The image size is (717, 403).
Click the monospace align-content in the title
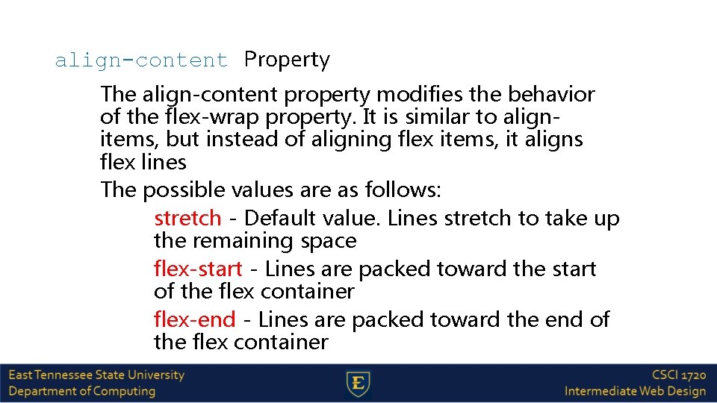coord(141,60)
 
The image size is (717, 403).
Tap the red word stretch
coord(187,219)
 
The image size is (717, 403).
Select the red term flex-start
coord(198,269)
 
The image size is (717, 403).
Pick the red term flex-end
coord(194,320)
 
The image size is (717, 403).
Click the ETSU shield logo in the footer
coord(358,384)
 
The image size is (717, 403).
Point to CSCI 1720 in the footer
coord(678,375)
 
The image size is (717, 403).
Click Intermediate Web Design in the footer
coord(635,391)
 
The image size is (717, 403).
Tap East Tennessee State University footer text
coord(96,375)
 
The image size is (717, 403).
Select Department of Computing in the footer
coord(82,391)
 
